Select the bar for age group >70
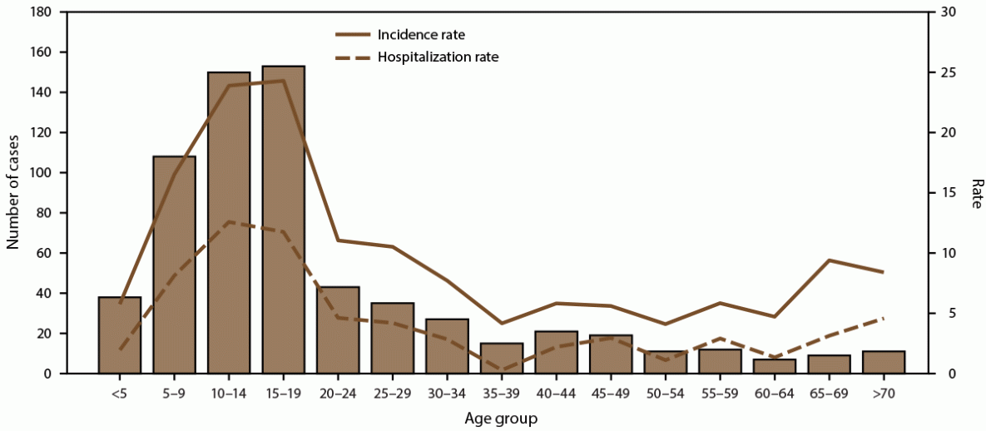[883, 363]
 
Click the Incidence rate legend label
[421, 35]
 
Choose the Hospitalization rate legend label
[438, 57]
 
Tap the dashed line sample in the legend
[352, 57]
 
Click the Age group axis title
[501, 418]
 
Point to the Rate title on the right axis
[974, 193]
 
